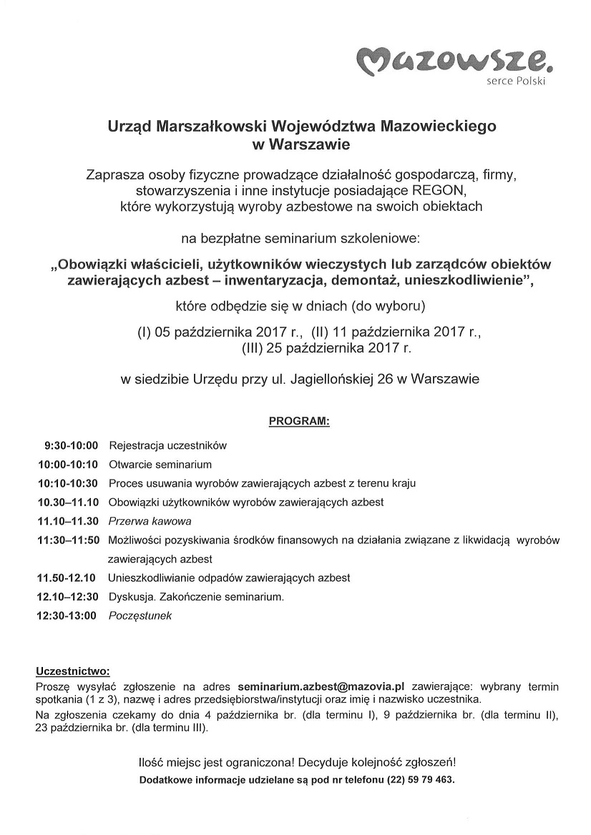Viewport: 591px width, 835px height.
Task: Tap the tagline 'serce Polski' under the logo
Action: coord(517,82)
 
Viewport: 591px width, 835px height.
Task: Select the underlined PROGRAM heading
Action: coord(299,422)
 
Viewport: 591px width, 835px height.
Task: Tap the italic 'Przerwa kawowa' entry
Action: coord(150,521)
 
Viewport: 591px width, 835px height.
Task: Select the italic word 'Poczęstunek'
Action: coord(140,616)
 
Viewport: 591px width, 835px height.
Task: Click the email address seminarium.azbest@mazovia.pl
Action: coord(322,684)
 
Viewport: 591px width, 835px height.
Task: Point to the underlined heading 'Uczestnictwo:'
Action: coord(73,671)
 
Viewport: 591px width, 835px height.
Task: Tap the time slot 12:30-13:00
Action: coord(67,616)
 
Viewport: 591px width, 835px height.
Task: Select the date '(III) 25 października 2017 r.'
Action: coord(327,349)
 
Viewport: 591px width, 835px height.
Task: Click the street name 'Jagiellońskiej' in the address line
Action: coord(331,380)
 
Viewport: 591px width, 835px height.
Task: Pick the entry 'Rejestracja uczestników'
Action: coord(167,445)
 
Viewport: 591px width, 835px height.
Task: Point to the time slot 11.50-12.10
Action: coord(67,578)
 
